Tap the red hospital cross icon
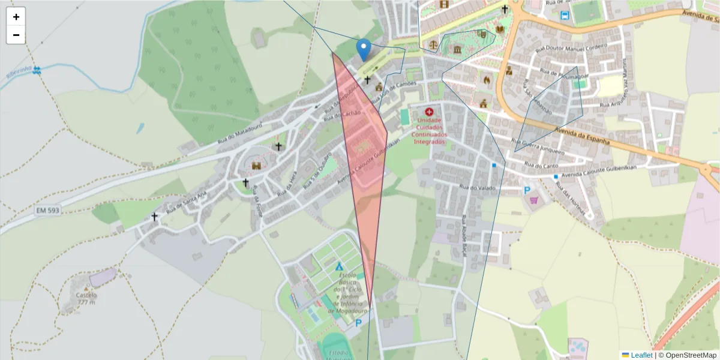pyautogui.click(x=429, y=112)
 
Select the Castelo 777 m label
pyautogui.click(x=86, y=298)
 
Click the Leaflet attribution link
pyautogui.click(x=641, y=355)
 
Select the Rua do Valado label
pyautogui.click(x=476, y=188)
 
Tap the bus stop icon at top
pyautogui.click(x=565, y=16)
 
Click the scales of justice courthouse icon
pyautogui.click(x=433, y=45)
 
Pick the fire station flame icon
pyautogui.click(x=486, y=79)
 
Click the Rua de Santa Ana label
pyautogui.click(x=187, y=202)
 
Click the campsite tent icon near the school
pyautogui.click(x=340, y=266)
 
